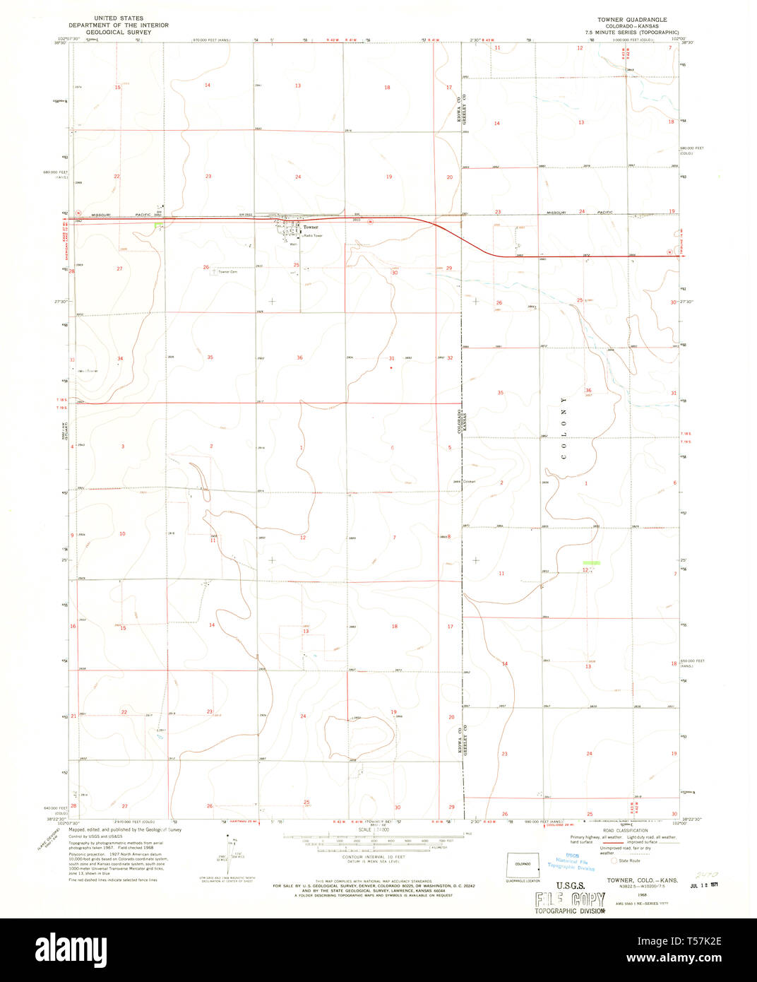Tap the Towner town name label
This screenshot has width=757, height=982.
tap(311, 227)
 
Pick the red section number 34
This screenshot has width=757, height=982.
tap(120, 359)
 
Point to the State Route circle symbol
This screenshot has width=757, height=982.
tap(614, 860)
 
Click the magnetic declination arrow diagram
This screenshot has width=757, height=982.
tap(229, 850)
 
